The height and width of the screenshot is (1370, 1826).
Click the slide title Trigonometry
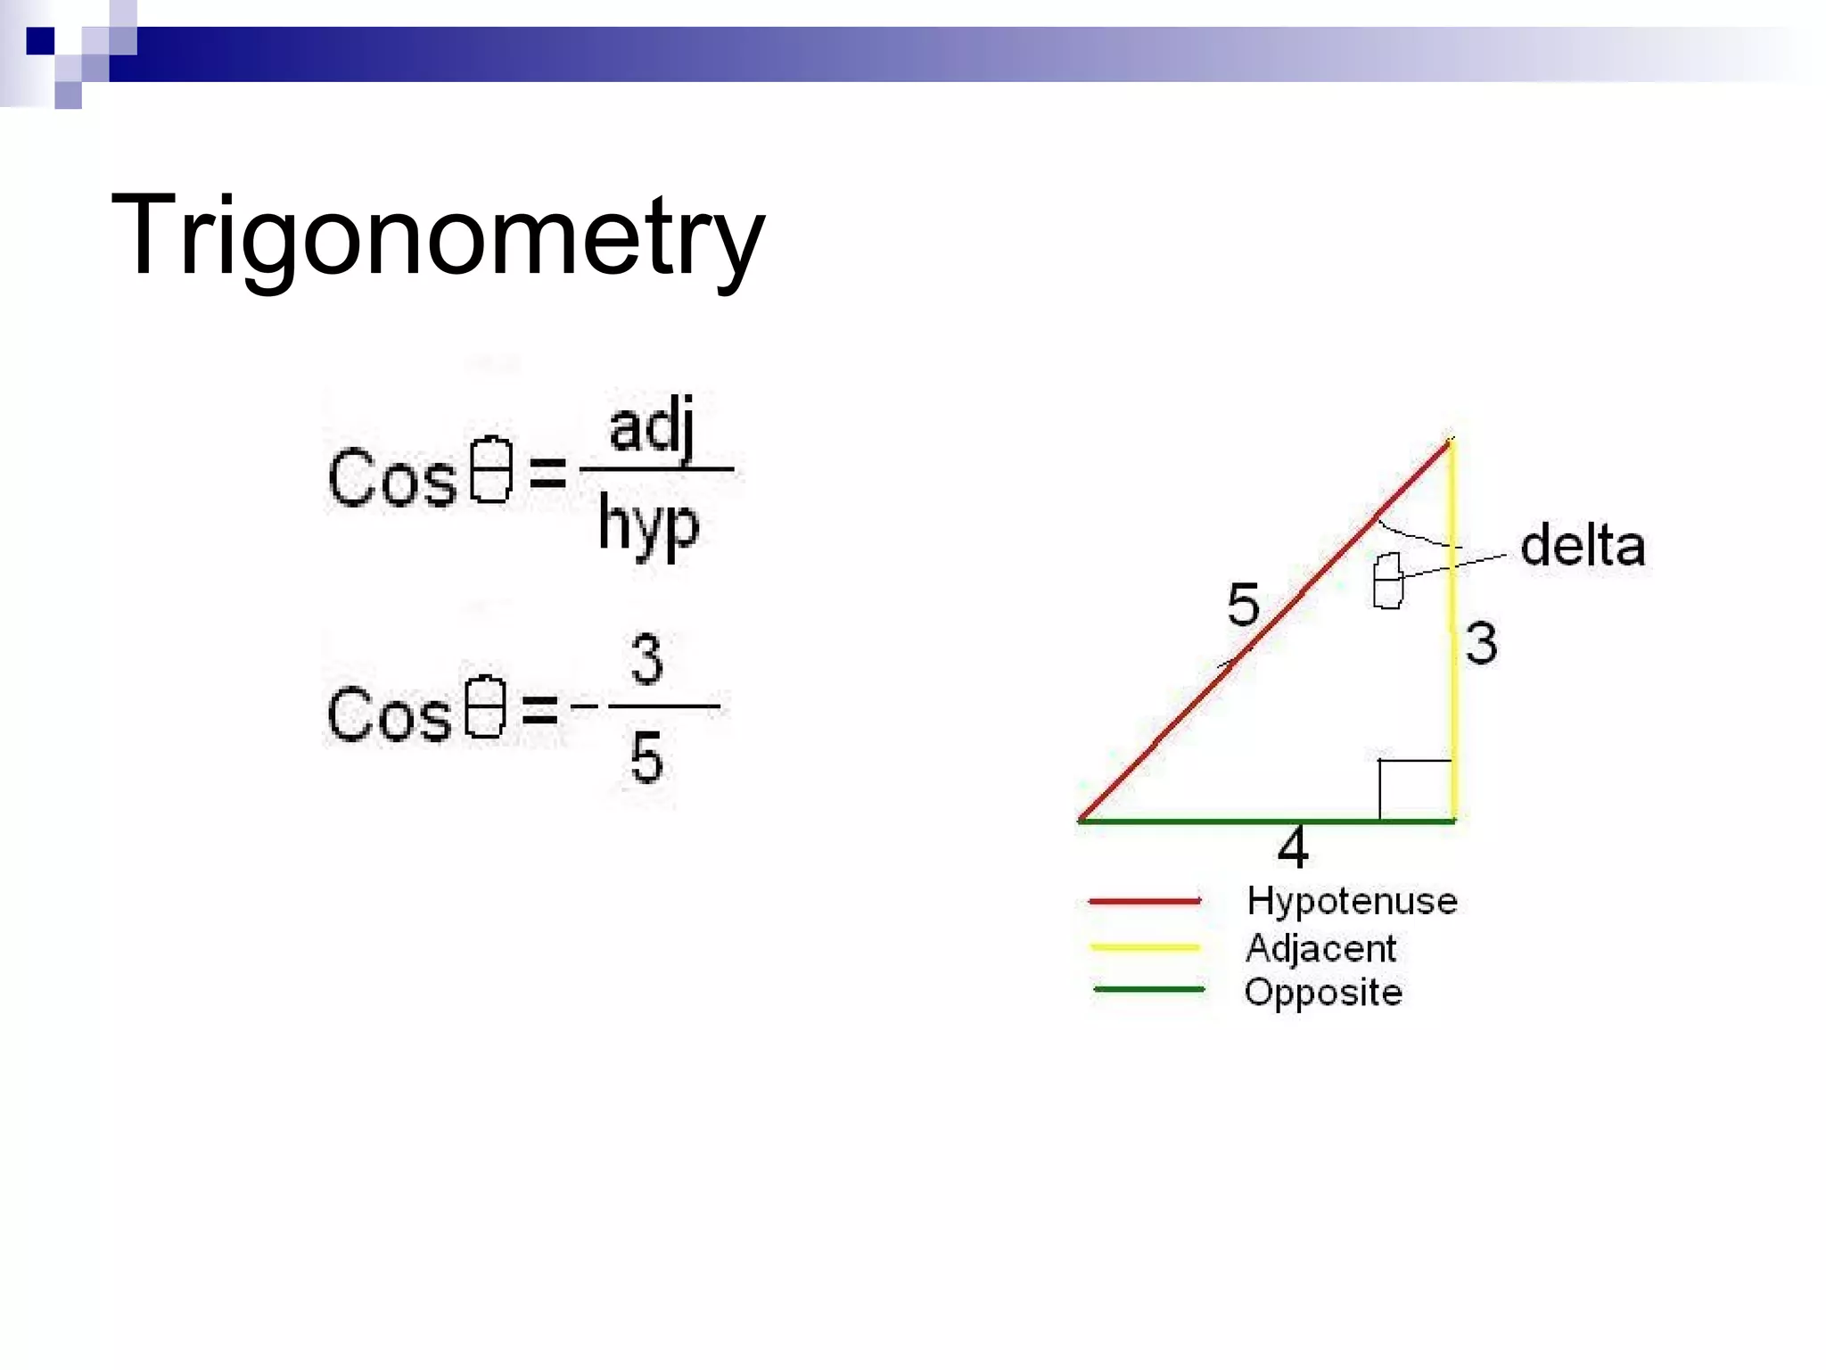[437, 236]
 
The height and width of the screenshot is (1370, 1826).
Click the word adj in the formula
[651, 427]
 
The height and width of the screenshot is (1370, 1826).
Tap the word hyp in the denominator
[648, 525]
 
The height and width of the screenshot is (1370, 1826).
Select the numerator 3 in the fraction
[646, 659]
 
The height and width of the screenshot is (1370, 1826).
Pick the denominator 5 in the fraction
[646, 757]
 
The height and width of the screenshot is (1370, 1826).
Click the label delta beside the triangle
[1583, 546]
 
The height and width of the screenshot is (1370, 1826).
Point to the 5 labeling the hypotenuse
[1243, 604]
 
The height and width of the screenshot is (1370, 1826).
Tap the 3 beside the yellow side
[1482, 643]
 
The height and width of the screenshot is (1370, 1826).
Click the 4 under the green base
[1293, 847]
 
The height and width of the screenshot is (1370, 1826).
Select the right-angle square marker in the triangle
[1415, 789]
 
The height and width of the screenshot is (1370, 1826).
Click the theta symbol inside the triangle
[1387, 581]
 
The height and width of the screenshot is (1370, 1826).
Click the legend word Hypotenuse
[1352, 901]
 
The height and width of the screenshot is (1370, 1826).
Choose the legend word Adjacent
[1320, 948]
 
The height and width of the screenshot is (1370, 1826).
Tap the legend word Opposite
[1323, 993]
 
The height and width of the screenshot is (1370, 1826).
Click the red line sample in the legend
[1145, 901]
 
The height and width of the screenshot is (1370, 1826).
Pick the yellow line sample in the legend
[1145, 946]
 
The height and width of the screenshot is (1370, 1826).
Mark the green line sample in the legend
[1148, 989]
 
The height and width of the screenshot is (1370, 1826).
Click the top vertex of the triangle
[1451, 441]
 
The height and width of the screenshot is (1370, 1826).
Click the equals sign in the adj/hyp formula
[547, 473]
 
